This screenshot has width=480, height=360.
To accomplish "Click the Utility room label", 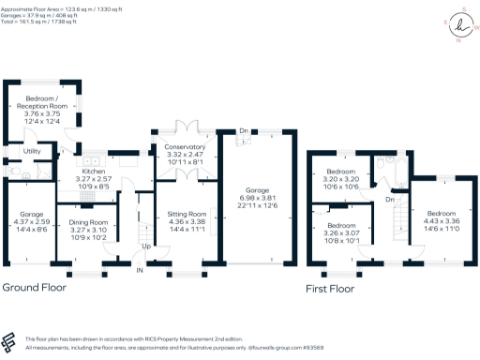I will [x=31, y=151].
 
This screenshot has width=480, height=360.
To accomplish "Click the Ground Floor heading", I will [x=39, y=287].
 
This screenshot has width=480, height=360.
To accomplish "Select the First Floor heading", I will [x=330, y=289].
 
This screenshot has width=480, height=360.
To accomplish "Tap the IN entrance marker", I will [x=141, y=270].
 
